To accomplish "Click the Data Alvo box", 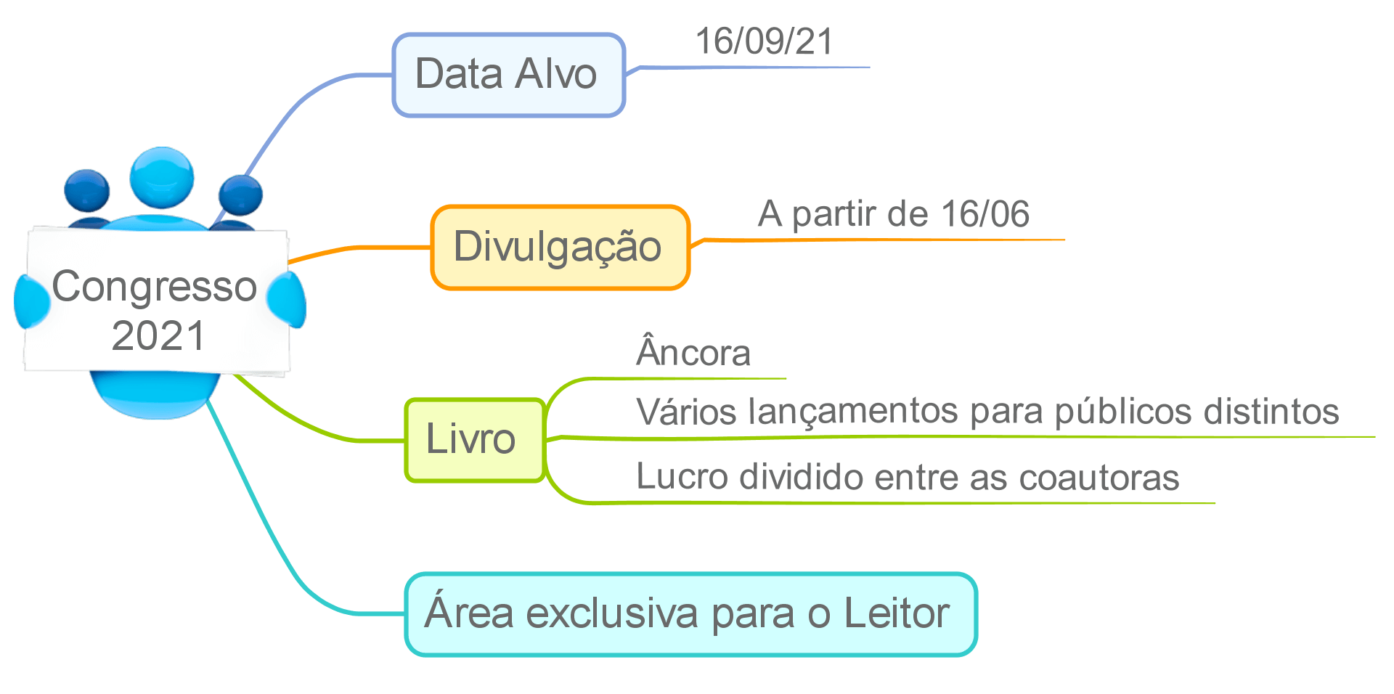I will pos(508,75).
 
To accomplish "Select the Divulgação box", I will pos(559,248).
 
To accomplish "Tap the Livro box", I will pos(474,440).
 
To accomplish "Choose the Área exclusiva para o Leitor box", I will pos(690,614).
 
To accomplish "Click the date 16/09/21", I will pos(764,41).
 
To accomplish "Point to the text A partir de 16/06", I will pos(893,214).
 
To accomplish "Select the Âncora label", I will pos(693,354).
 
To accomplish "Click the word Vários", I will pos(686,412).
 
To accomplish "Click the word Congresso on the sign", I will pos(155,287).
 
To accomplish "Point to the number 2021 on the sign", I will pos(158,335).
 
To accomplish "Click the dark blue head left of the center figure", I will pos(86,190).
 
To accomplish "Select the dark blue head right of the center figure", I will pos(240,194).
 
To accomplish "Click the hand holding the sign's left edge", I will pos(31,301).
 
